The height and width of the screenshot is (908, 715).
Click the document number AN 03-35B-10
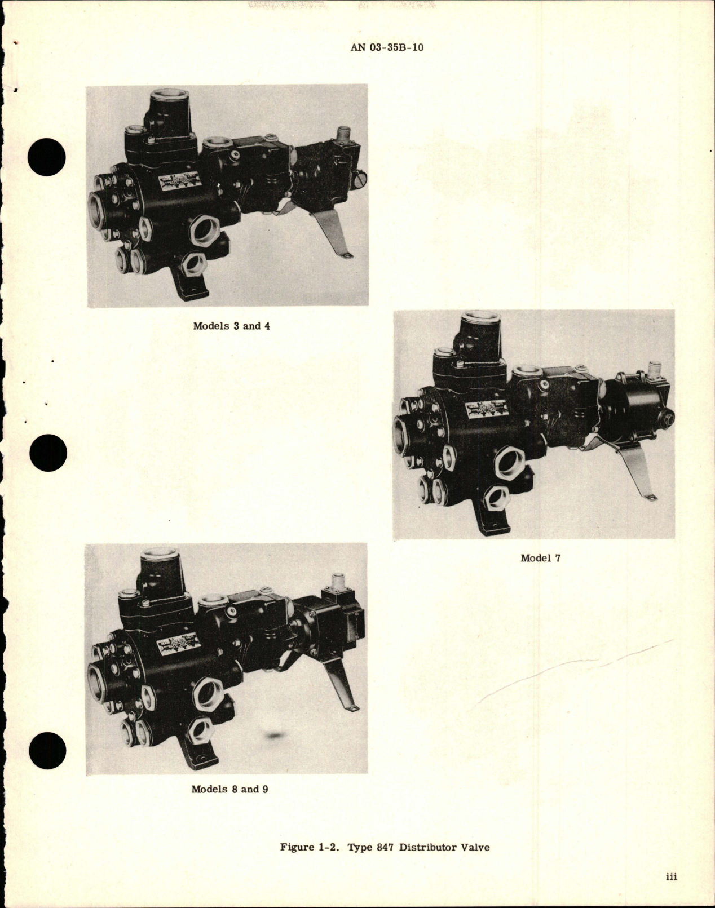tap(386, 47)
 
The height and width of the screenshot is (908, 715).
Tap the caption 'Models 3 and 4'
tap(231, 326)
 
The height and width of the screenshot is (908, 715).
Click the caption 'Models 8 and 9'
tap(229, 789)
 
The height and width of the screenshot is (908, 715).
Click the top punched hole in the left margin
tap(49, 155)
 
